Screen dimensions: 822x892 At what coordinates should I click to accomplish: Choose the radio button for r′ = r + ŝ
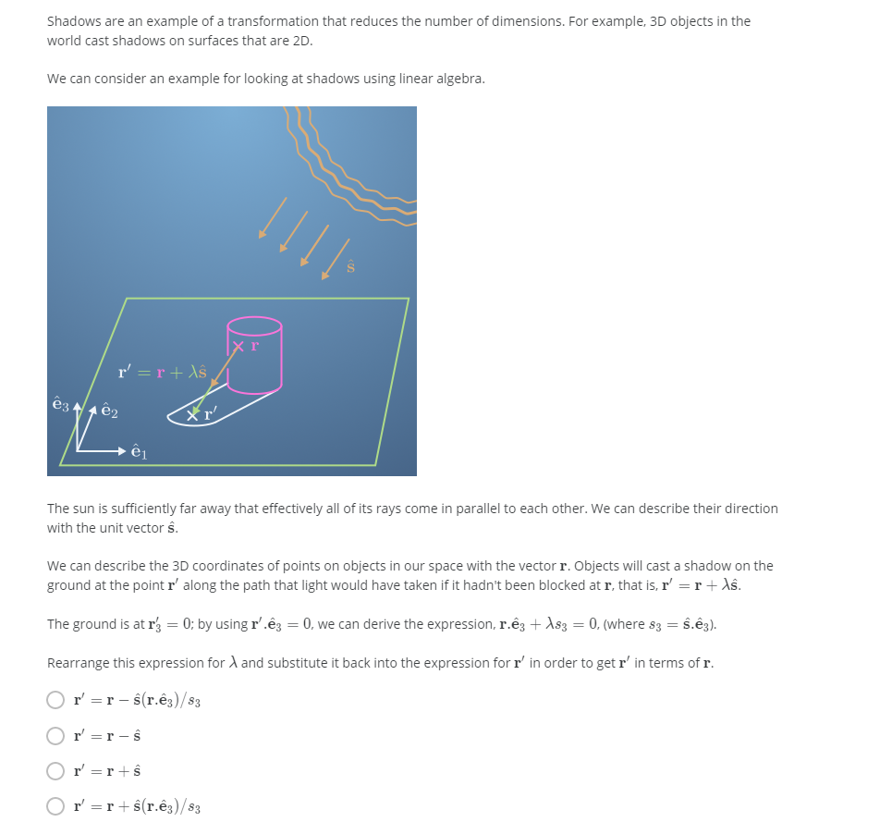56,770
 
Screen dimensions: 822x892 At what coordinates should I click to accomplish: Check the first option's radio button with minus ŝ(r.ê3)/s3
56,700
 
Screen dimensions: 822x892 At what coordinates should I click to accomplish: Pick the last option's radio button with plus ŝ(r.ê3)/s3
56,806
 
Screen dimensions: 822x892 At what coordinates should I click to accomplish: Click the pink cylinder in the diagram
254,365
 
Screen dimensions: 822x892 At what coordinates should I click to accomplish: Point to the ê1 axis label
139,452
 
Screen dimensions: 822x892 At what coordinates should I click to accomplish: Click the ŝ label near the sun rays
351,267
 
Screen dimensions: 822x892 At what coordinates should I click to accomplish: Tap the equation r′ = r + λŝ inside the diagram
162,373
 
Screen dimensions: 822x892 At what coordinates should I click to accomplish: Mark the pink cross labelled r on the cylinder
238,347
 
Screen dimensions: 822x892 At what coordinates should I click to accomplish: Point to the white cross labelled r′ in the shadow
193,415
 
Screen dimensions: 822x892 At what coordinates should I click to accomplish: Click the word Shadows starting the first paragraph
73,20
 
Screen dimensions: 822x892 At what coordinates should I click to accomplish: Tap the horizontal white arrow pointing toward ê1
102,451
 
